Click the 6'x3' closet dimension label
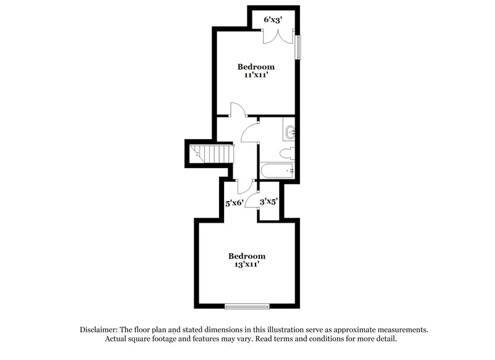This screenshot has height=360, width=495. click(273, 20)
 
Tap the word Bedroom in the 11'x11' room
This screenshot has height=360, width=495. click(256, 67)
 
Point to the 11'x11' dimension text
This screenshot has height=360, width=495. click(256, 75)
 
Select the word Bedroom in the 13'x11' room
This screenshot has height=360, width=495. click(247, 256)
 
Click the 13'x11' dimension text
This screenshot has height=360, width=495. click(247, 264)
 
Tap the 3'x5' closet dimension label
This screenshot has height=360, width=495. click(268, 202)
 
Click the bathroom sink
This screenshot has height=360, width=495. click(290, 131)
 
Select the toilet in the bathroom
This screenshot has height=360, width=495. click(286, 153)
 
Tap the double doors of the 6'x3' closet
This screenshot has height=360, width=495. click(273, 35)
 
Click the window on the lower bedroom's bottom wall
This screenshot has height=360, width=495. click(247, 306)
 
